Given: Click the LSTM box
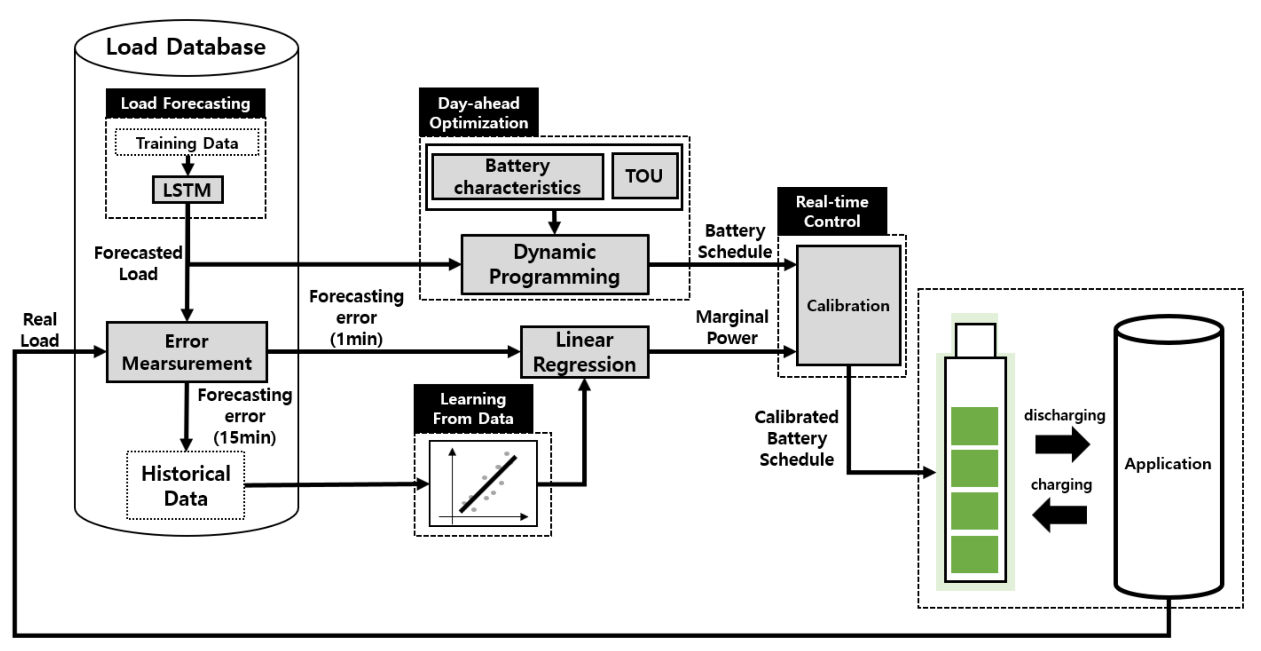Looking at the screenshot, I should click(188, 190).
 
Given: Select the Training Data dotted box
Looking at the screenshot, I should click(187, 143).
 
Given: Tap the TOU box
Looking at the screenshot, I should click(644, 176).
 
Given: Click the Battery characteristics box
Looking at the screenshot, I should click(518, 176).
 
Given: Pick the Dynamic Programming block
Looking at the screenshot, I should click(555, 265).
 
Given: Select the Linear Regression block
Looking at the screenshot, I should click(585, 352).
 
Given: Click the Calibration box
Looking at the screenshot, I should click(848, 305).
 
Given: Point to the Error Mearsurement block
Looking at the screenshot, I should click(187, 352).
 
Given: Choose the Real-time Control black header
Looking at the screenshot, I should click(832, 211).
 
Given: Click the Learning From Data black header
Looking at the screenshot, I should click(473, 408).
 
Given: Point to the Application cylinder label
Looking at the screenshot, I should click(1168, 463).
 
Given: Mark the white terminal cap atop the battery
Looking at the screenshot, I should click(975, 340).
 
